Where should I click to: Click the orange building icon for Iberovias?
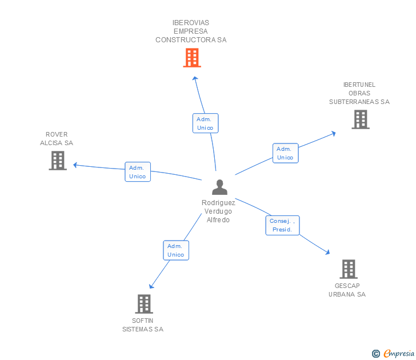point(192,58)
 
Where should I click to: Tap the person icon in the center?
point(219,187)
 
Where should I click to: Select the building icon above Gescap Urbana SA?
point(349,269)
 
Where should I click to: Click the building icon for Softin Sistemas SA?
point(144,303)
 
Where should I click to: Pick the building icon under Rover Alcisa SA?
point(58,161)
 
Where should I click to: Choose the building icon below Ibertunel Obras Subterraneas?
point(360,119)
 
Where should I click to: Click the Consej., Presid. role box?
point(282,225)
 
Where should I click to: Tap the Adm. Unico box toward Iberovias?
point(205,123)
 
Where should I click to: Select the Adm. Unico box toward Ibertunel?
point(285,153)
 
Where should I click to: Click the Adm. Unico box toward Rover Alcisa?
point(138,172)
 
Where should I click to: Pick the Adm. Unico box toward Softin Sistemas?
point(176,250)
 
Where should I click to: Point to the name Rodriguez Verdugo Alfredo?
point(218,211)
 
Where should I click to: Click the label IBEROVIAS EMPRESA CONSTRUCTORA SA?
point(191,31)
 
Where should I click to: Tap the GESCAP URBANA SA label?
point(347,290)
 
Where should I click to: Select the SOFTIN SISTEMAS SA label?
point(143,325)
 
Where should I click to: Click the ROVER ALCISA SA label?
point(57,139)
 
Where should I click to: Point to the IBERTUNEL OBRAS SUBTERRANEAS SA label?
point(359,93)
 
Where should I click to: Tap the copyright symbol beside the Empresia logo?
point(376,354)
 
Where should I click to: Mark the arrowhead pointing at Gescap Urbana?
point(327,252)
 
